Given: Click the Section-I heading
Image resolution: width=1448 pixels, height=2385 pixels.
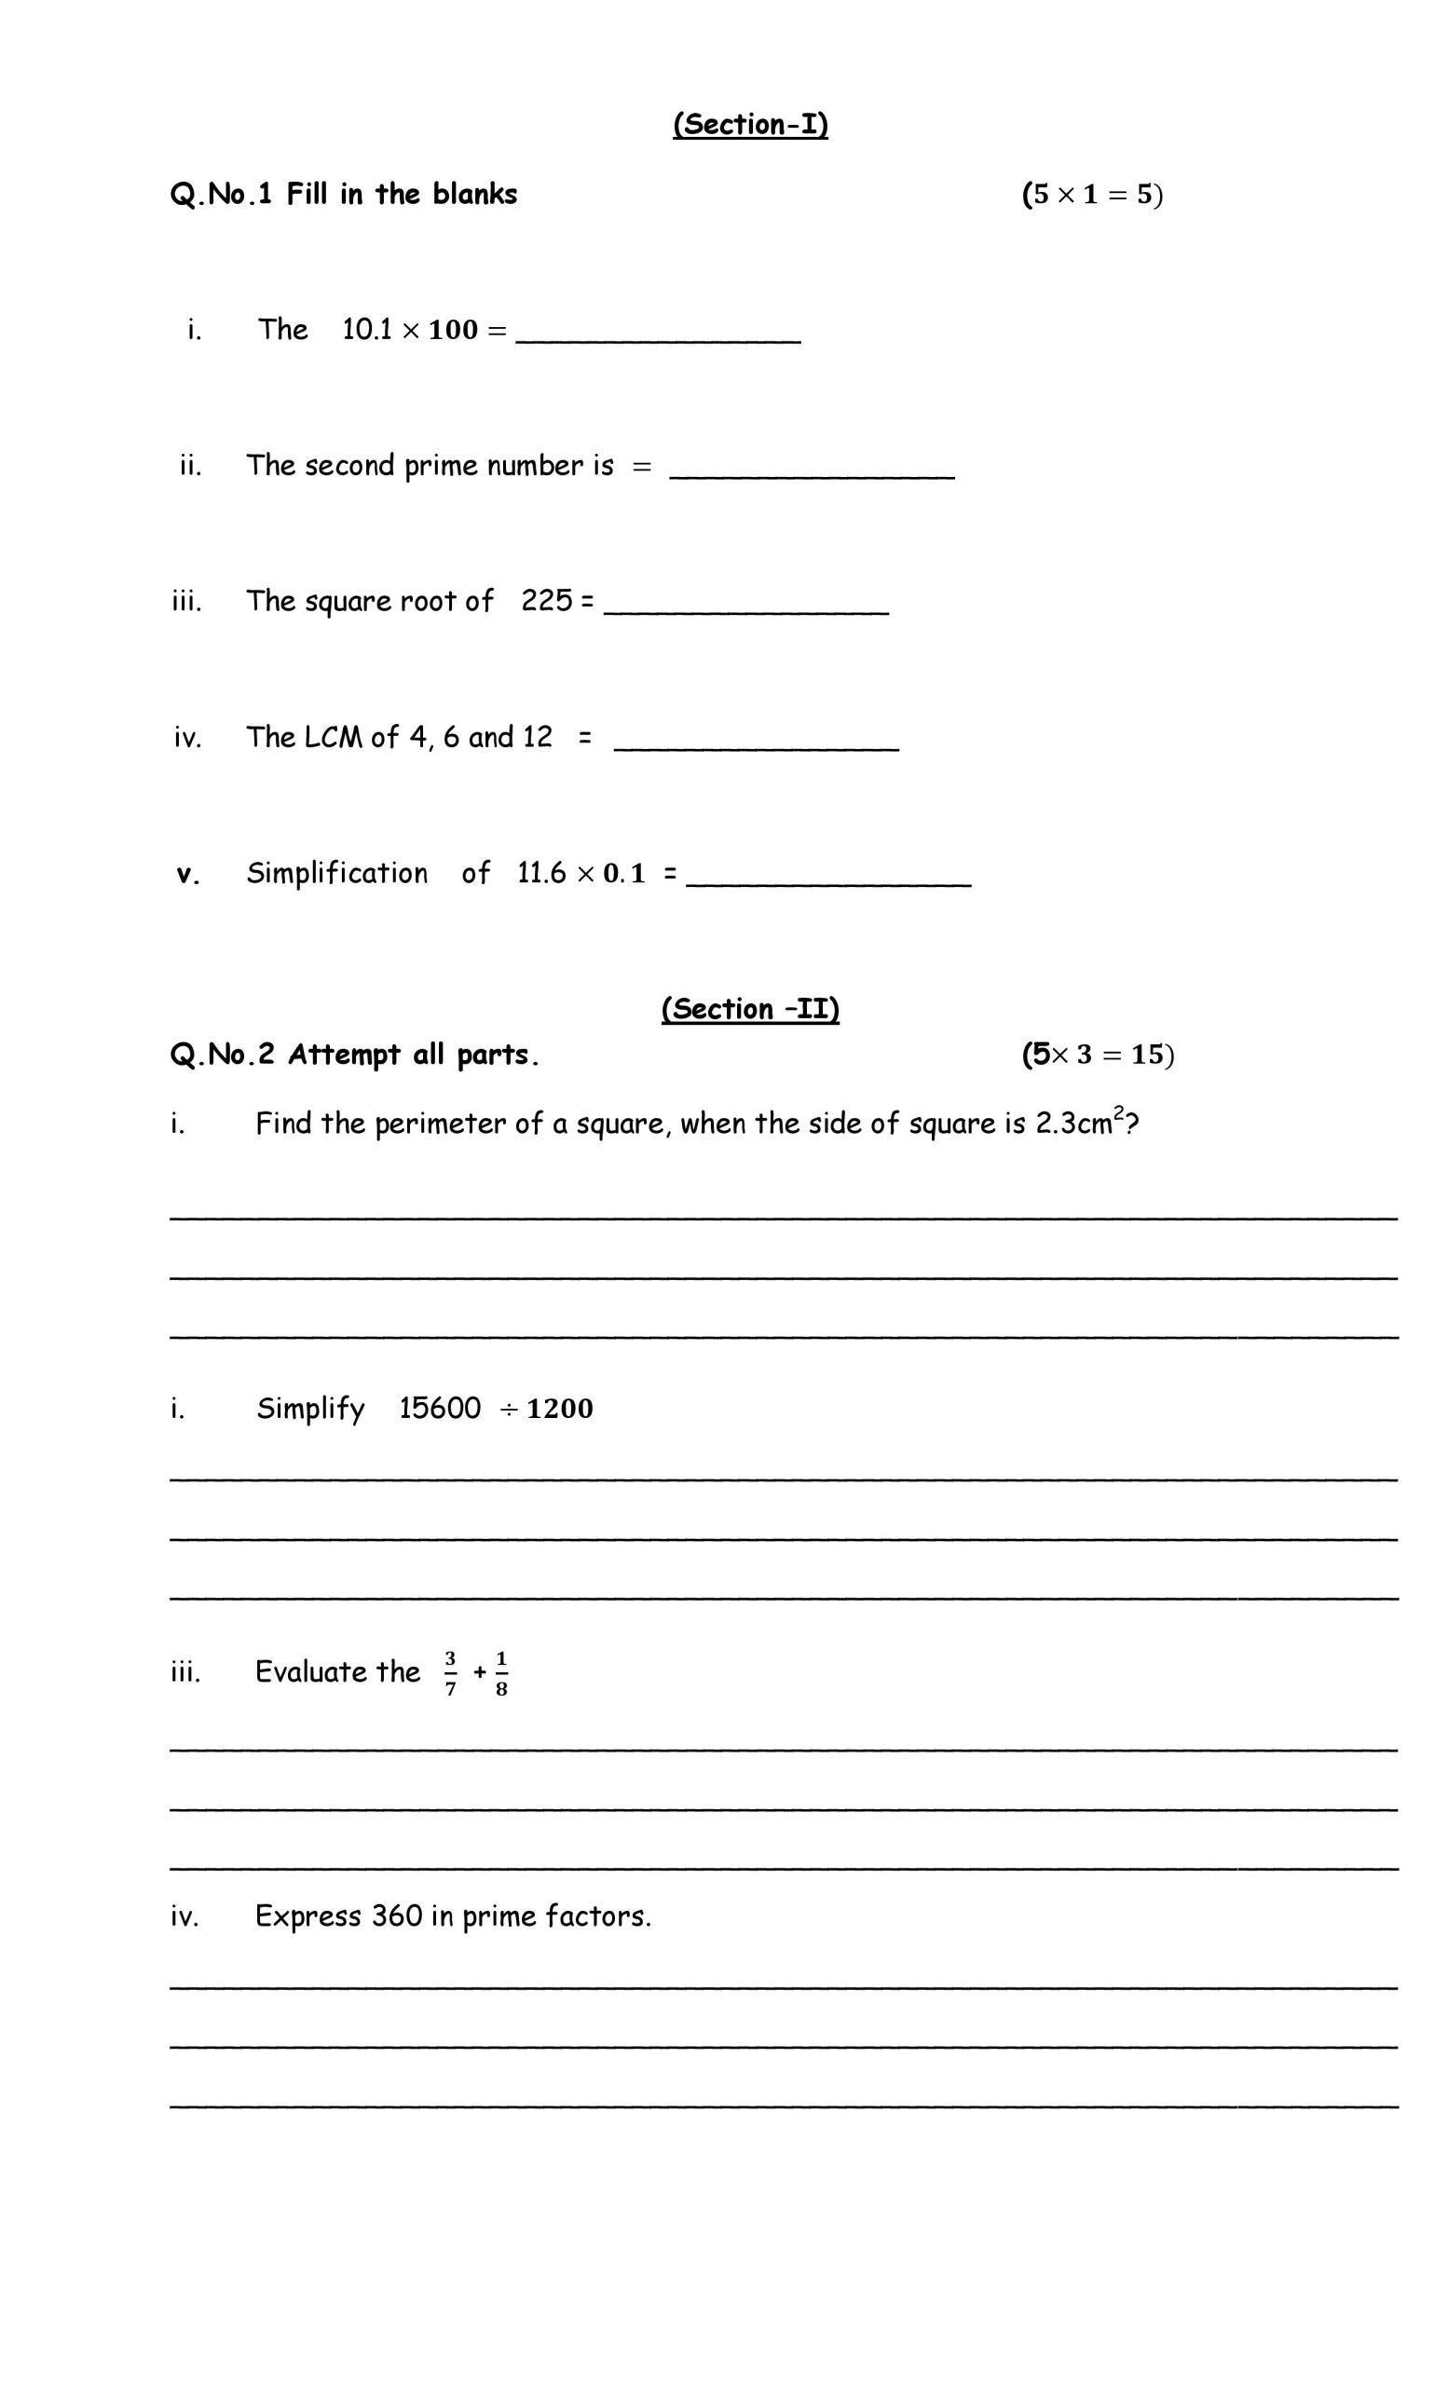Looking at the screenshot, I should (x=750, y=125).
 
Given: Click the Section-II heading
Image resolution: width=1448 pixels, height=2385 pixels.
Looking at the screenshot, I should (x=750, y=1009).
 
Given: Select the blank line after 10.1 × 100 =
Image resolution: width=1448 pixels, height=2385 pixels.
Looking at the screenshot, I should (x=658, y=334).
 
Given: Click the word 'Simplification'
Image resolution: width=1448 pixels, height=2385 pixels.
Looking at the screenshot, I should (x=336, y=873).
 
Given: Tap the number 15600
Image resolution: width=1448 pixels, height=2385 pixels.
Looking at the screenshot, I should (x=440, y=1408).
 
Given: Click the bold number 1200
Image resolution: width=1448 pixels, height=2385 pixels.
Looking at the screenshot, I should (x=559, y=1409).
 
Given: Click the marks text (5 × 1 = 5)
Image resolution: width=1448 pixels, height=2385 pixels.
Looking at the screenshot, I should (x=1092, y=195).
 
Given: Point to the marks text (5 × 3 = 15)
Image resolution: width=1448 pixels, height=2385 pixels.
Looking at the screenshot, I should (x=1098, y=1054).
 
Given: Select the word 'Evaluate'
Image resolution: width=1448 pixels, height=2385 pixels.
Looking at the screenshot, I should (x=311, y=1671).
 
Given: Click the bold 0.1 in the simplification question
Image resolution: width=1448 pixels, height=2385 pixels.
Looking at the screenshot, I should (x=623, y=873).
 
